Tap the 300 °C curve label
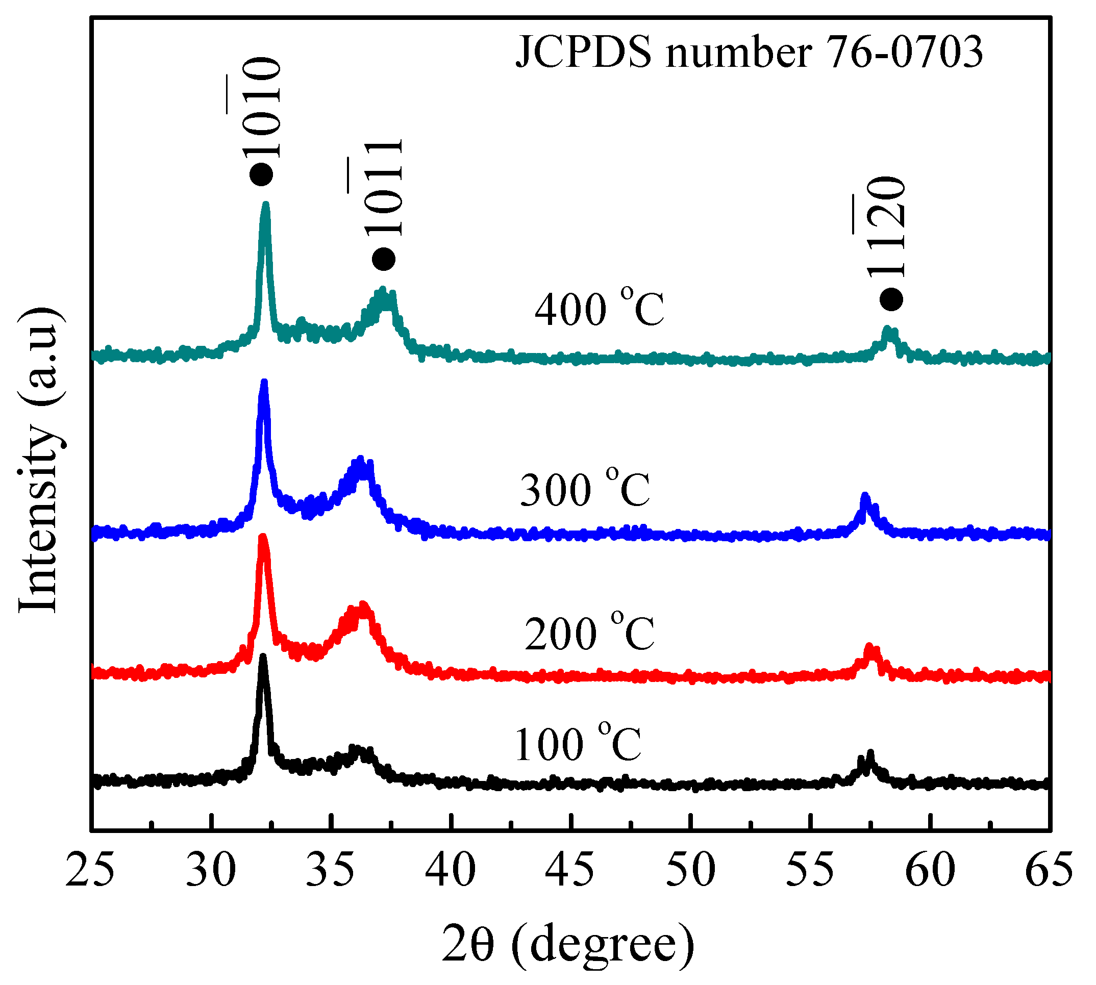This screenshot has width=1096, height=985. tap(585, 488)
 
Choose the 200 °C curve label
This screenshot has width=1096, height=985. tap(589, 632)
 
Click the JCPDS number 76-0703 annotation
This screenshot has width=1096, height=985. tap(749, 53)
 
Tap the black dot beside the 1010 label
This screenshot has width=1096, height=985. tap(261, 175)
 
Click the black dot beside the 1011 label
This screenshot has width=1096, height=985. tap(384, 259)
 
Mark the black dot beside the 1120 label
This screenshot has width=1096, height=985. tap(891, 299)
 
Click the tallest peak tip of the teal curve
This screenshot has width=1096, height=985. tap(265, 205)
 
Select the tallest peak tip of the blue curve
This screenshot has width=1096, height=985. tap(264, 383)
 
